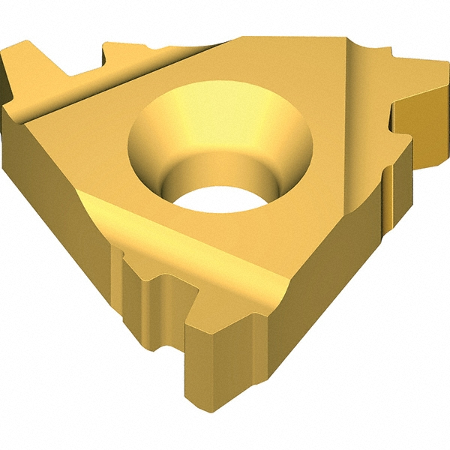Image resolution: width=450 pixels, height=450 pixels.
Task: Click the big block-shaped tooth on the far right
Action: [420, 120]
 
